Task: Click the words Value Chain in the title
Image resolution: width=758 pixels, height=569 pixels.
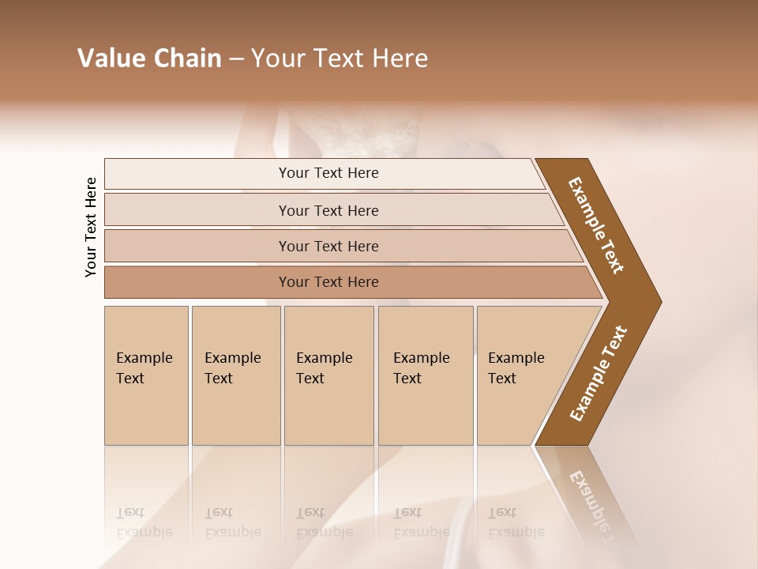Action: (149, 58)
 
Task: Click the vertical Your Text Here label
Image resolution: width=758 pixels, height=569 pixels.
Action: (91, 227)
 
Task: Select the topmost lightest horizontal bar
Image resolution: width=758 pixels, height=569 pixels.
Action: (328, 173)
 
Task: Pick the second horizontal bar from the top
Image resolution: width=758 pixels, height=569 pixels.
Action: (328, 210)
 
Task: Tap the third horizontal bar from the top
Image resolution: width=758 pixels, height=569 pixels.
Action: (328, 246)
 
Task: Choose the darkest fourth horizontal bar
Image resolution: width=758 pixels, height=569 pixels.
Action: (328, 282)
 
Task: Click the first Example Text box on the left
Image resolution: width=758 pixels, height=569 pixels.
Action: (146, 375)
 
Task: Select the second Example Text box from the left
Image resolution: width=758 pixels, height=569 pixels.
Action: (235, 375)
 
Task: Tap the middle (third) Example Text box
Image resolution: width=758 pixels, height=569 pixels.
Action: (328, 375)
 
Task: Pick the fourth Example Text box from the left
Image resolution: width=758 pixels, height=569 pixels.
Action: (425, 375)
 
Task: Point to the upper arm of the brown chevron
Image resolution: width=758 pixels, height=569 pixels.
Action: (596, 225)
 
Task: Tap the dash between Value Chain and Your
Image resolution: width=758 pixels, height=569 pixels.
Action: (236, 58)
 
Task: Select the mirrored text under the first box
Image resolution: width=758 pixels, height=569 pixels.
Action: (144, 522)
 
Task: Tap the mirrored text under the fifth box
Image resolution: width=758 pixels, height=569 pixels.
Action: (516, 522)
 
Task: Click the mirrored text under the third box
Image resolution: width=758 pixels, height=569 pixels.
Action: (324, 522)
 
